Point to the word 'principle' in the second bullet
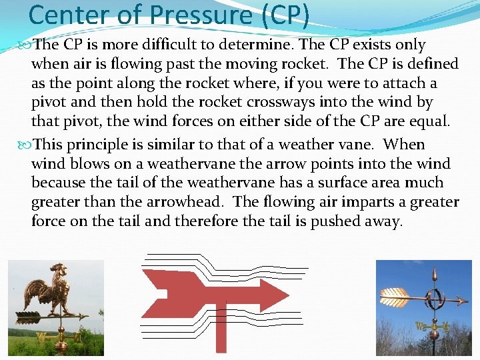96,145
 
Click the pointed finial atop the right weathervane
434,273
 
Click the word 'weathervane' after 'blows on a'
182,164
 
